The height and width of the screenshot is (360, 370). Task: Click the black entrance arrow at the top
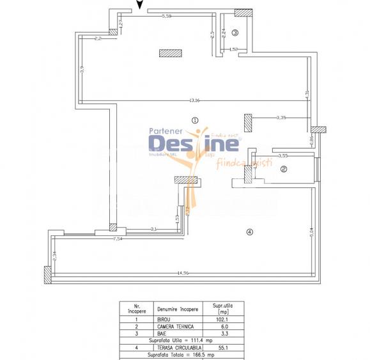pos(140,7)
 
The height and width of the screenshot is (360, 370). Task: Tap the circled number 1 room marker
pos(195,119)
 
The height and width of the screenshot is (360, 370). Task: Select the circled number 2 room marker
pos(284,169)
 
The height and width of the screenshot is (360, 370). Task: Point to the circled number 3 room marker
pos(235,33)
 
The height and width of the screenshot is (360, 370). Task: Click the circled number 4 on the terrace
pos(250,231)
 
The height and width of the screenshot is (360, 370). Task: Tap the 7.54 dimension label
pos(118,239)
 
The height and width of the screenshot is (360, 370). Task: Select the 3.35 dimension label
pos(281,118)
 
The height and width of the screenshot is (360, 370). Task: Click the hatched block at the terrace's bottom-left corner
pos(48,275)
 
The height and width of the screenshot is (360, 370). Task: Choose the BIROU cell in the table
pos(164,319)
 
